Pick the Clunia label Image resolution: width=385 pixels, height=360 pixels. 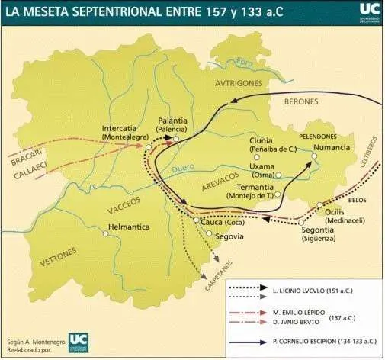[x=261, y=141]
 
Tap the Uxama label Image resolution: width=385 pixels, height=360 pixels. [x=263, y=166]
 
